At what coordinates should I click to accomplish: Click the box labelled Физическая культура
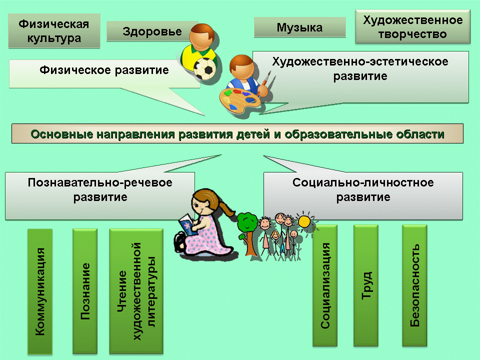click(54, 30)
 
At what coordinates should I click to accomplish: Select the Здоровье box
click(152, 31)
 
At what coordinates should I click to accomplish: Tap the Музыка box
click(299, 27)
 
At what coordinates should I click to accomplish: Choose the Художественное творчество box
click(412, 26)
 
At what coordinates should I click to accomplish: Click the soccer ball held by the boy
click(205, 68)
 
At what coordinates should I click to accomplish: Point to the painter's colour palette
click(239, 99)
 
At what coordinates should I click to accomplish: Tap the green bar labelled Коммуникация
click(40, 291)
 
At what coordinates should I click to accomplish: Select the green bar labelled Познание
click(85, 291)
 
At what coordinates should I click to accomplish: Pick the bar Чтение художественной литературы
click(136, 291)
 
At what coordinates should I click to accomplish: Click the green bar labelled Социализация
click(325, 285)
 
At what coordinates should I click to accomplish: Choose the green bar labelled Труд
click(366, 285)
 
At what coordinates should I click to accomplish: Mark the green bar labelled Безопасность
click(414, 285)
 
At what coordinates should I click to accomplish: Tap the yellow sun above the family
click(304, 221)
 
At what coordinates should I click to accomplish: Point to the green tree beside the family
click(248, 233)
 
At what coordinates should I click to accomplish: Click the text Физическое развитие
click(104, 70)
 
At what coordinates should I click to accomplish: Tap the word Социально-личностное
click(363, 182)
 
